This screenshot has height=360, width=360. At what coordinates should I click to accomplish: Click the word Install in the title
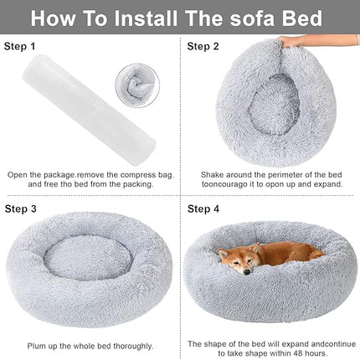tap(149, 16)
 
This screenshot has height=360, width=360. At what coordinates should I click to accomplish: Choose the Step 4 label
tap(203, 208)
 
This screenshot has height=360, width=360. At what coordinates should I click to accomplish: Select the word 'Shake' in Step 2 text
tap(212, 175)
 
